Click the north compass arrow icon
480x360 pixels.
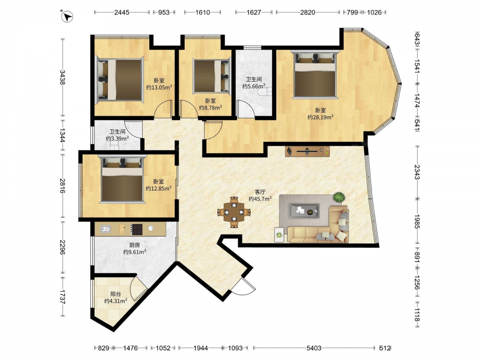click(67, 16)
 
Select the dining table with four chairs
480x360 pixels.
click(234, 212)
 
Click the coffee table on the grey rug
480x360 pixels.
click(304, 211)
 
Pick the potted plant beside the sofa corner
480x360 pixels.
click(338, 197)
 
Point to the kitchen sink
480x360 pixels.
click(106, 229)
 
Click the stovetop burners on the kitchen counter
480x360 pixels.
click(136, 229)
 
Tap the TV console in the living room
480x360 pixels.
click(307, 151)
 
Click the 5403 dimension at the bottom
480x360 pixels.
click(314, 348)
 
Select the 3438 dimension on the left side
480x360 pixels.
click(62, 77)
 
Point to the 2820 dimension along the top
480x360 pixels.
click(307, 12)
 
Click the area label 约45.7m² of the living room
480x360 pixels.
click(260, 199)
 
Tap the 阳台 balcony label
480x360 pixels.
click(116, 294)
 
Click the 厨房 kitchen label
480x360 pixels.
click(135, 245)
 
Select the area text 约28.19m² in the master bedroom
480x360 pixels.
click(321, 117)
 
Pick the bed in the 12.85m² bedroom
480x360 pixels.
click(122, 179)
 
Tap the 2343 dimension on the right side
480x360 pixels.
click(417, 172)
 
